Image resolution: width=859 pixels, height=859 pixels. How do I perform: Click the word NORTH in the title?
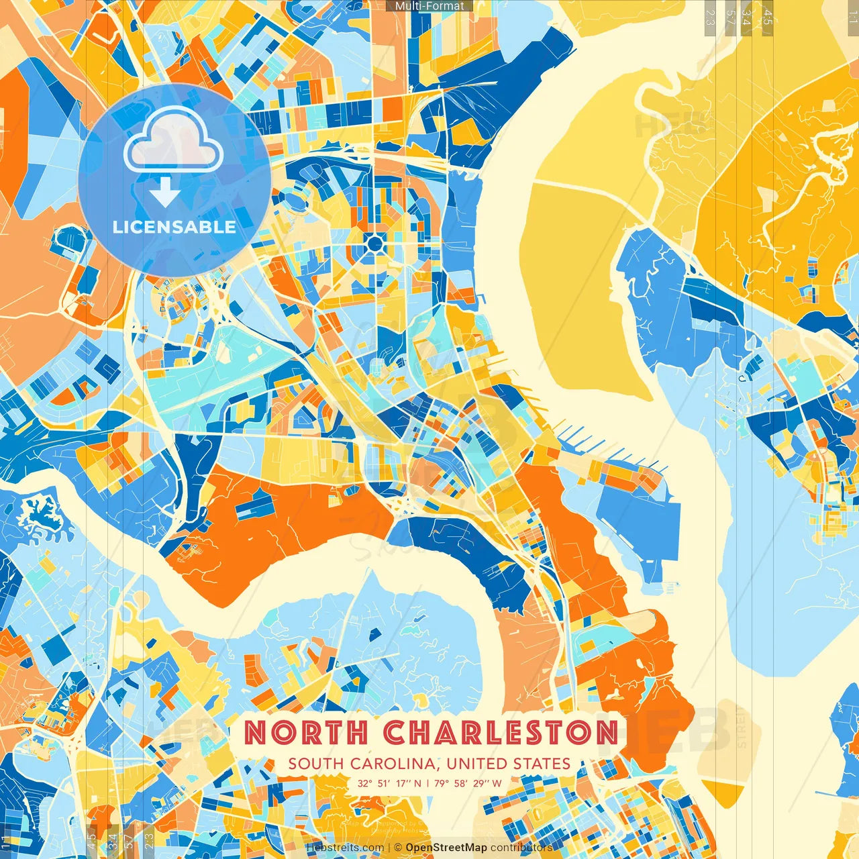pos(306,732)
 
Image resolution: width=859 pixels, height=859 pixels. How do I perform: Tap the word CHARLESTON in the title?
pos(501,732)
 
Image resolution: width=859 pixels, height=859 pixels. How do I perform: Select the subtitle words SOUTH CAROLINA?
pos(363,764)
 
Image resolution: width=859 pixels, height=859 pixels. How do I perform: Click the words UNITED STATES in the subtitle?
pos(508,764)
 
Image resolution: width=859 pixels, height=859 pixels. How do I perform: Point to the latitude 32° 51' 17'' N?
pos(389,783)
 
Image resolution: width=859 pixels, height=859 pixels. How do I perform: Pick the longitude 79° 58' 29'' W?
pos(468,783)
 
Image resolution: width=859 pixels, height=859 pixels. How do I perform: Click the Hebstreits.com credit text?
pos(345,848)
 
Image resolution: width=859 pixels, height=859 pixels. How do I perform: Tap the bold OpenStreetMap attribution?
pos(446,848)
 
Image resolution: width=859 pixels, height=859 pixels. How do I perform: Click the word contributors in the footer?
pos(521,848)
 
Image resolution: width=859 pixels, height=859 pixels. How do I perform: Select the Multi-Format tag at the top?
pos(429,6)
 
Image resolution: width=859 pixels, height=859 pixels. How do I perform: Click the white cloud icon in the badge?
pos(173,141)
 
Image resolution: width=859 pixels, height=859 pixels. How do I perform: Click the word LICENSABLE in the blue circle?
pos(174,227)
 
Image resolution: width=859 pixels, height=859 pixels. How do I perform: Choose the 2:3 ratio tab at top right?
pos(710,17)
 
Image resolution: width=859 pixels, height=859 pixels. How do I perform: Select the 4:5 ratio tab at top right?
pos(768,17)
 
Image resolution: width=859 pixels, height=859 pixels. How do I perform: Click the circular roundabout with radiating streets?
pos(375,242)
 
